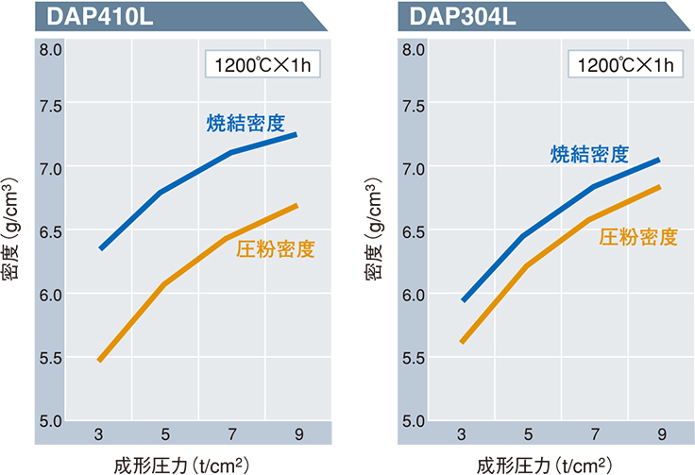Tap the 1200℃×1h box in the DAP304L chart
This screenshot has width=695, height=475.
[x=620, y=66]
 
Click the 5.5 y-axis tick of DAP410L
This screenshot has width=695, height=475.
[x=50, y=358]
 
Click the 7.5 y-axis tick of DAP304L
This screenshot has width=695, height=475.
[x=413, y=106]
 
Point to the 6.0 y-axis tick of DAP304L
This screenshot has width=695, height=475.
[x=413, y=295]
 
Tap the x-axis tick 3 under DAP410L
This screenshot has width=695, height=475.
[x=98, y=433]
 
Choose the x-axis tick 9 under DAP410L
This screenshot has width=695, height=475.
[x=297, y=433]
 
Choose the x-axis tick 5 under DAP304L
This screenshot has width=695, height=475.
[x=528, y=433]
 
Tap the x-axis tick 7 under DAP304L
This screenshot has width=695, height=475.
[x=594, y=433]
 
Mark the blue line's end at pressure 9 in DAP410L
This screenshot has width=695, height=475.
[x=296, y=134]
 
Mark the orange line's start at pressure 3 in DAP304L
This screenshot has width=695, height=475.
[x=462, y=341]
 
